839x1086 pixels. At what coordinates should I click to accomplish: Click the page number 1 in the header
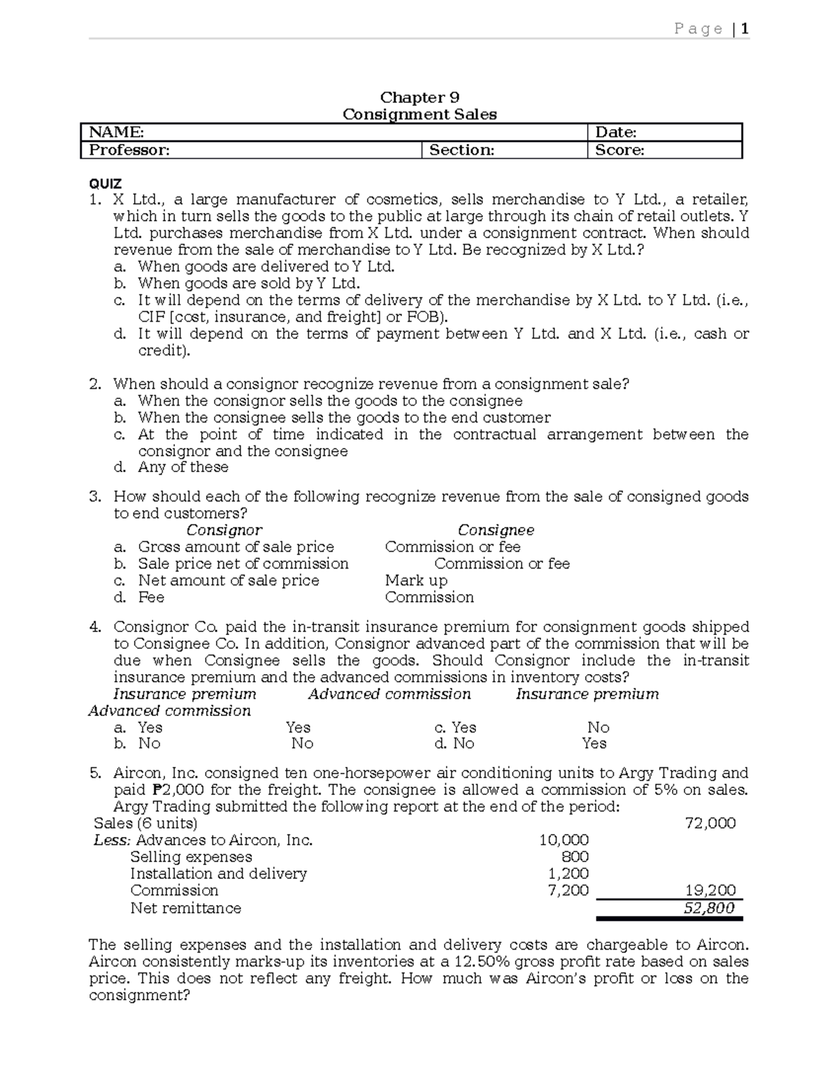pos(745,29)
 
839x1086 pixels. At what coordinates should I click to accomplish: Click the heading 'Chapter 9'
pos(419,97)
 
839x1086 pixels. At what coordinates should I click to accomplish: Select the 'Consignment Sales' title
pos(419,115)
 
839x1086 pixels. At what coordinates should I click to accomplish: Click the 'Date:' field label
pos(615,132)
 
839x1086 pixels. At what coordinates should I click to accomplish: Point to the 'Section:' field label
pos(461,150)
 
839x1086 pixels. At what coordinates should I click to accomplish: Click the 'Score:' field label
pos(619,150)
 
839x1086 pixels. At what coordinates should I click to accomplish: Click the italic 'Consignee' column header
pos(496,530)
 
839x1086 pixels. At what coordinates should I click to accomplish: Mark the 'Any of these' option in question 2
pos(183,467)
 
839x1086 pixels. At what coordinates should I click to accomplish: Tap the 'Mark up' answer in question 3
pos(416,580)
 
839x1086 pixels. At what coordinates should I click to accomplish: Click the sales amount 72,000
pos(710,823)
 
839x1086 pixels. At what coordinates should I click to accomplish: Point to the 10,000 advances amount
pos(564,840)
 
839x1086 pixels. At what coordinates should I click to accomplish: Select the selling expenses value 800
pos(575,857)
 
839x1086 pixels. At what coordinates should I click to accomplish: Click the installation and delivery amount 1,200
pos(568,873)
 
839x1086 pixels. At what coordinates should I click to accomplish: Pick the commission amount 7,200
pos(568,890)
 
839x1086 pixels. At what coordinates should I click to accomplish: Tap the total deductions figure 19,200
pos(710,890)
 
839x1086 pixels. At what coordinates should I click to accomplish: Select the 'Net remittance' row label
pos(185,908)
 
